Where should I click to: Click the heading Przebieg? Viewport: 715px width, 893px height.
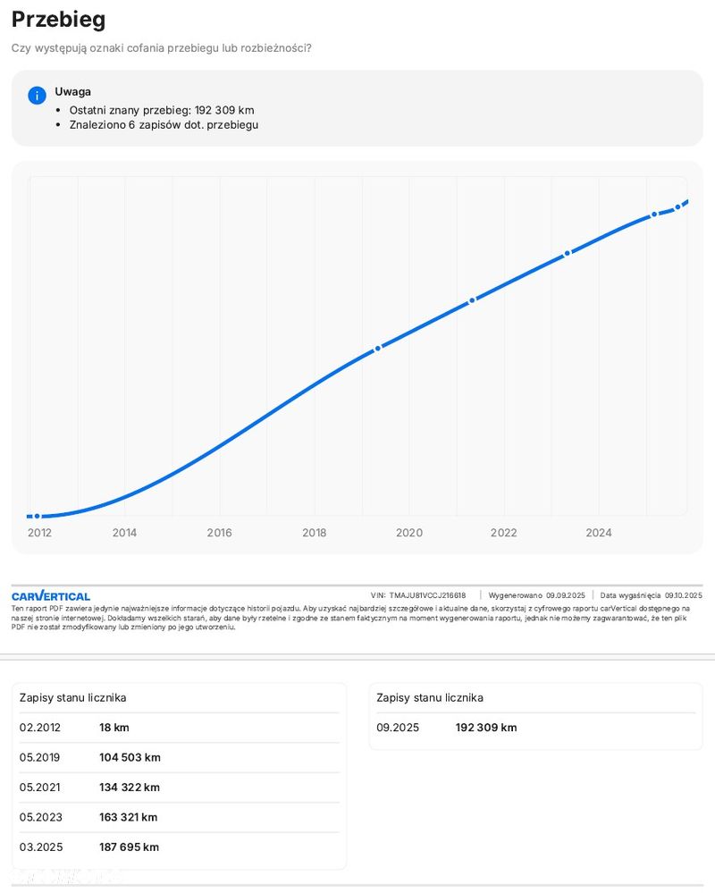(58, 20)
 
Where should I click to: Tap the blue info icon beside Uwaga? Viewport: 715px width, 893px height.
(37, 96)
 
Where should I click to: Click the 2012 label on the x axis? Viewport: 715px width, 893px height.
(39, 533)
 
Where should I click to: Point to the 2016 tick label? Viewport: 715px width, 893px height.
(219, 533)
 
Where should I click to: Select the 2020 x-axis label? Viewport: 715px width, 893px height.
(408, 533)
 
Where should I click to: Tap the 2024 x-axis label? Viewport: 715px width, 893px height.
(598, 533)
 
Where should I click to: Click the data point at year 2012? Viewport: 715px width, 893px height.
(37, 517)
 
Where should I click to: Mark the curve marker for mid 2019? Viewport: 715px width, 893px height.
(378, 348)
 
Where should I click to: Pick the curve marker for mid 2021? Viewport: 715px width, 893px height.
(472, 300)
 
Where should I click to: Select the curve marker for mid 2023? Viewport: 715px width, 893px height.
(567, 254)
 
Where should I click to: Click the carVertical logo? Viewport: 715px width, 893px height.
(51, 596)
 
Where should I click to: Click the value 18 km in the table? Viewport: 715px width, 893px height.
(114, 728)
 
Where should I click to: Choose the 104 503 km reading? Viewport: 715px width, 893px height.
(130, 757)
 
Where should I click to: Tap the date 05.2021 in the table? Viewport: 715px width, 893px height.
(39, 788)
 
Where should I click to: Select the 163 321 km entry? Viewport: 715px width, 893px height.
(128, 817)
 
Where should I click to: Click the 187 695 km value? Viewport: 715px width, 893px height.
(129, 847)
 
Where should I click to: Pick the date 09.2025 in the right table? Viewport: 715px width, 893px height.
(397, 728)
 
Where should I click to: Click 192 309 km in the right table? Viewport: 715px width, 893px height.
(486, 728)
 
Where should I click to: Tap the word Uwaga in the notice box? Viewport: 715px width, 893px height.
(72, 91)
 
